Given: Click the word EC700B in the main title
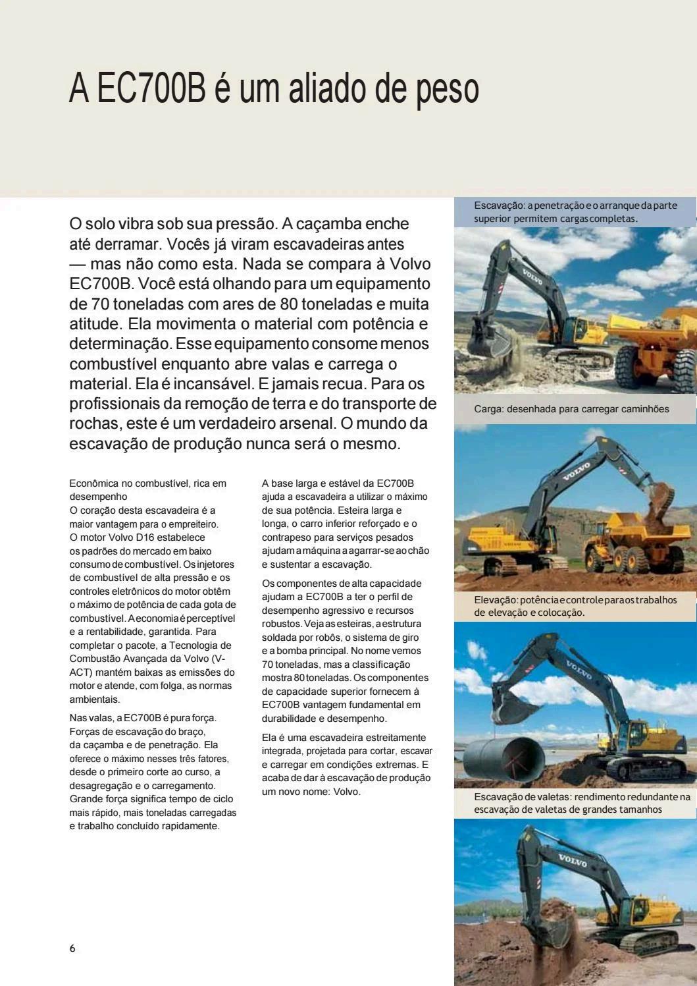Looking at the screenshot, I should pos(151,90).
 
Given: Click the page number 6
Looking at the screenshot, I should pos(72,948).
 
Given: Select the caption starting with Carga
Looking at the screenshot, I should pos(571,409).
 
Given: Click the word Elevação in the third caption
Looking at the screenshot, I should pos(496,600).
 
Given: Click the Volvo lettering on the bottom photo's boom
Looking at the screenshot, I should pos(572,860).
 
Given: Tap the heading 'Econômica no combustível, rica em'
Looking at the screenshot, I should pos(147,483).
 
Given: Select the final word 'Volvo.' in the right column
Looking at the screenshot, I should pos(347,792).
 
